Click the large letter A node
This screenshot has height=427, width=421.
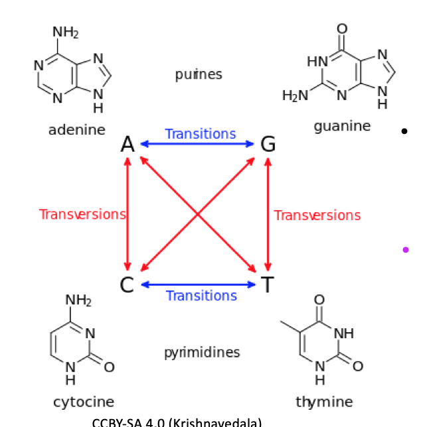(x=127, y=144)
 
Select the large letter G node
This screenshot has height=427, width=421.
(x=268, y=144)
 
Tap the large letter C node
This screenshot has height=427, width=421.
(x=127, y=285)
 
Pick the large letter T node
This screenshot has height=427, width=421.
(x=267, y=285)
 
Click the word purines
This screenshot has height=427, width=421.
(x=199, y=74)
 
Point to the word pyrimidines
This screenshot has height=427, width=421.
(x=202, y=352)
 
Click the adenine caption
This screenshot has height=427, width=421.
(x=77, y=130)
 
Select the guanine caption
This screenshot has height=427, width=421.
(x=342, y=125)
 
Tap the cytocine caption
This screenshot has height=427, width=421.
(x=84, y=402)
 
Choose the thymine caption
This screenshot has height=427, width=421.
(x=324, y=401)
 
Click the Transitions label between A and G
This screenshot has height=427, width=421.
(x=200, y=134)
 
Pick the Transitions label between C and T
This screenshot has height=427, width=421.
(x=201, y=296)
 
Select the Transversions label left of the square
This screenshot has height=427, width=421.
(x=82, y=214)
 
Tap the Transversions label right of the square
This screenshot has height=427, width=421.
(x=317, y=215)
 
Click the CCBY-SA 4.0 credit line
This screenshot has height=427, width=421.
(x=177, y=422)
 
